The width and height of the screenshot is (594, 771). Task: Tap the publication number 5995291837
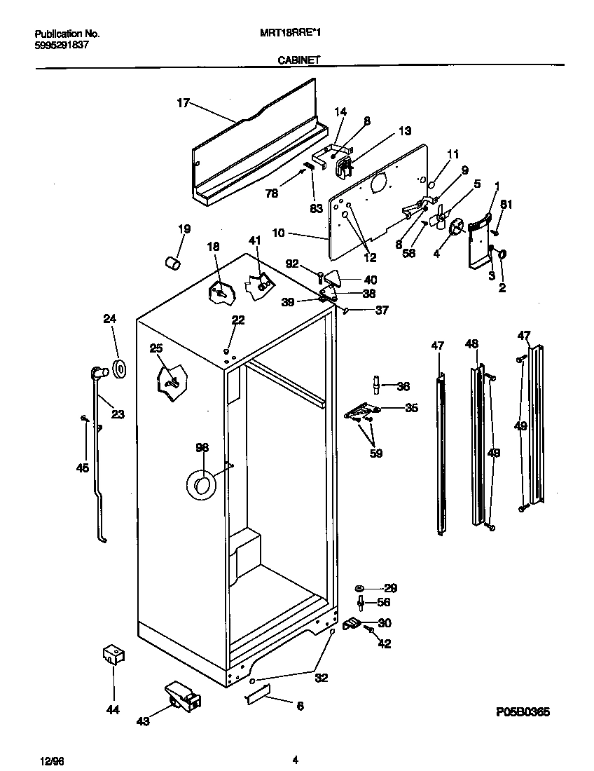pos(61,45)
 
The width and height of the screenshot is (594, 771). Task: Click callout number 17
pos(183,103)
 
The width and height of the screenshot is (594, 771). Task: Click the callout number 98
pos(202,447)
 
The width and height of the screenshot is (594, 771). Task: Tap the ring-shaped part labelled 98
pos(201,484)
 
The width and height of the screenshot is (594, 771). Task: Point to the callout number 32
pos(321,678)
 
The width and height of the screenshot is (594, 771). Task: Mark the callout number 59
pos(376,453)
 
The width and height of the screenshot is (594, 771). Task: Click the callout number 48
pos(472,343)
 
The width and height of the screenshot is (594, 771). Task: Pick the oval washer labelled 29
pos(359,588)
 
